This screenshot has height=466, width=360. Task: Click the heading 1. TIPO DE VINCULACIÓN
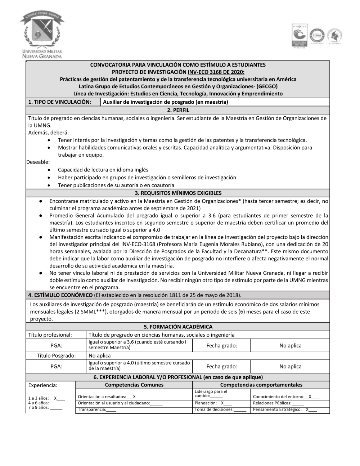pos(59,102)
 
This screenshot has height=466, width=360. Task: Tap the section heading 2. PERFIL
pos(178,110)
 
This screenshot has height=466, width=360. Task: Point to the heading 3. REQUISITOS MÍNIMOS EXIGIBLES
pos(178,193)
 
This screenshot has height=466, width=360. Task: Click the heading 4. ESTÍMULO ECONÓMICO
pos(60,295)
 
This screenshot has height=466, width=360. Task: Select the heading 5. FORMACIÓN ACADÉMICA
pos(178,327)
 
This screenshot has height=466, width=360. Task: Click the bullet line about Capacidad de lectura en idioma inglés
pos(103,170)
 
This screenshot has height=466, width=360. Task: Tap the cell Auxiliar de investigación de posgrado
pos(165,102)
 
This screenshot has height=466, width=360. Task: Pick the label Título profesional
pos(50,335)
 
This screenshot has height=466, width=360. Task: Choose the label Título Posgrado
pos(56,356)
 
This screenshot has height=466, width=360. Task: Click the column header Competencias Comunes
pos(134,385)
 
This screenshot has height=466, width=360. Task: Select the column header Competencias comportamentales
pos(261,385)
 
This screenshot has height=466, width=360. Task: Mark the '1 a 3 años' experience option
pos(46,398)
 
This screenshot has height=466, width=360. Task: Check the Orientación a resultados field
pos(107,396)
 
